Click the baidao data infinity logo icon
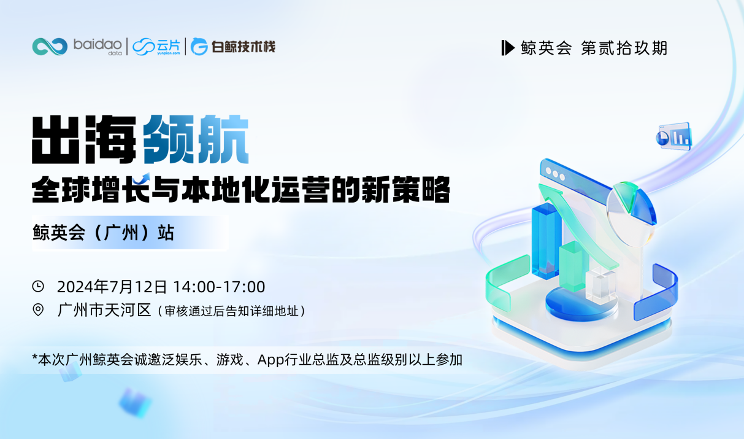pyautogui.click(x=50, y=47)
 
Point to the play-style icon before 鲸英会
pyautogui.click(x=507, y=48)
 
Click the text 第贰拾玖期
pyautogui.click(x=624, y=48)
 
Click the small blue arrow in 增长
pyautogui.click(x=143, y=177)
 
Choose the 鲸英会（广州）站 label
pyautogui.click(x=104, y=233)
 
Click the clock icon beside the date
pyautogui.click(x=38, y=286)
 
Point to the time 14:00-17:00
pyautogui.click(x=219, y=287)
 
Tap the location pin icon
pyautogui.click(x=38, y=310)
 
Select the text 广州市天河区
pyautogui.click(x=104, y=310)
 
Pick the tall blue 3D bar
pyautogui.click(x=546, y=239)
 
